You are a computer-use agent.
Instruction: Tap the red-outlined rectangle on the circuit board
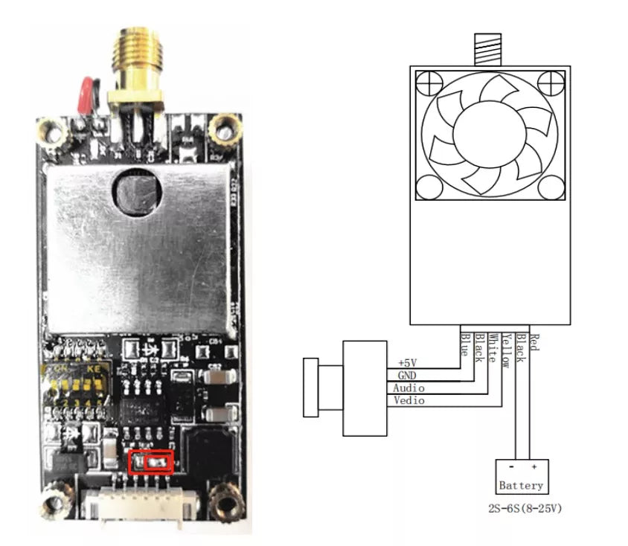[151, 462]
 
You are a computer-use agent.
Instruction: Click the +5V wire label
[408, 363]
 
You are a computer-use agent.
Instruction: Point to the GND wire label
[406, 376]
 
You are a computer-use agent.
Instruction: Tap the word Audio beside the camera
[409, 388]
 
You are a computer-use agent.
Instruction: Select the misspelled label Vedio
[409, 401]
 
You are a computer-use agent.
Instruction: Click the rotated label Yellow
[505, 350]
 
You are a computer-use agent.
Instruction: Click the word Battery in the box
[521, 486]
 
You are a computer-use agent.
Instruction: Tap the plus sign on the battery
[534, 467]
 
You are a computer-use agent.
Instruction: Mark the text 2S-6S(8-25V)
[522, 512]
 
